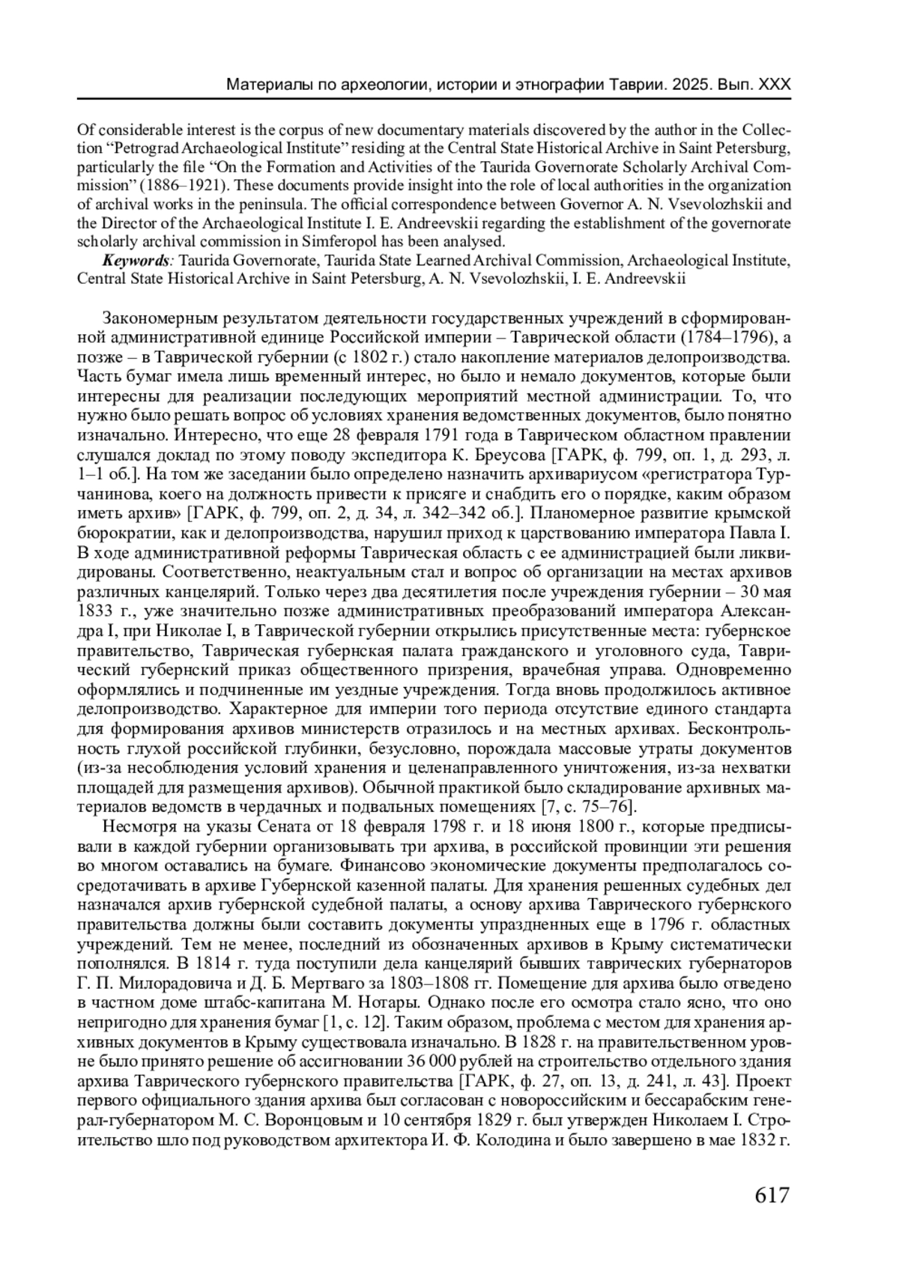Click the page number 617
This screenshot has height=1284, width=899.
tap(772, 1194)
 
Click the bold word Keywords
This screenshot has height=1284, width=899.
tap(137, 261)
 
